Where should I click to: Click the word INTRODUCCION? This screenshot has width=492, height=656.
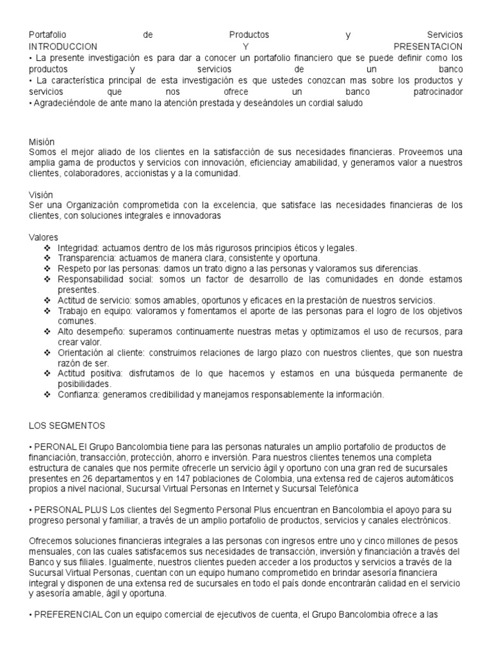click(63, 47)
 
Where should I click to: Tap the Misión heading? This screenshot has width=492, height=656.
click(42, 142)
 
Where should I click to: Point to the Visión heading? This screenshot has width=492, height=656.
click(41, 194)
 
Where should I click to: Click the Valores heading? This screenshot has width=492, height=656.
click(44, 237)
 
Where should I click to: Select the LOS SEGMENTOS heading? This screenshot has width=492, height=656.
click(67, 425)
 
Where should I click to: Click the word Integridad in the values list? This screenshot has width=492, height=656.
click(76, 247)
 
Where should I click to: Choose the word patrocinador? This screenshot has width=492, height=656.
click(437, 91)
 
